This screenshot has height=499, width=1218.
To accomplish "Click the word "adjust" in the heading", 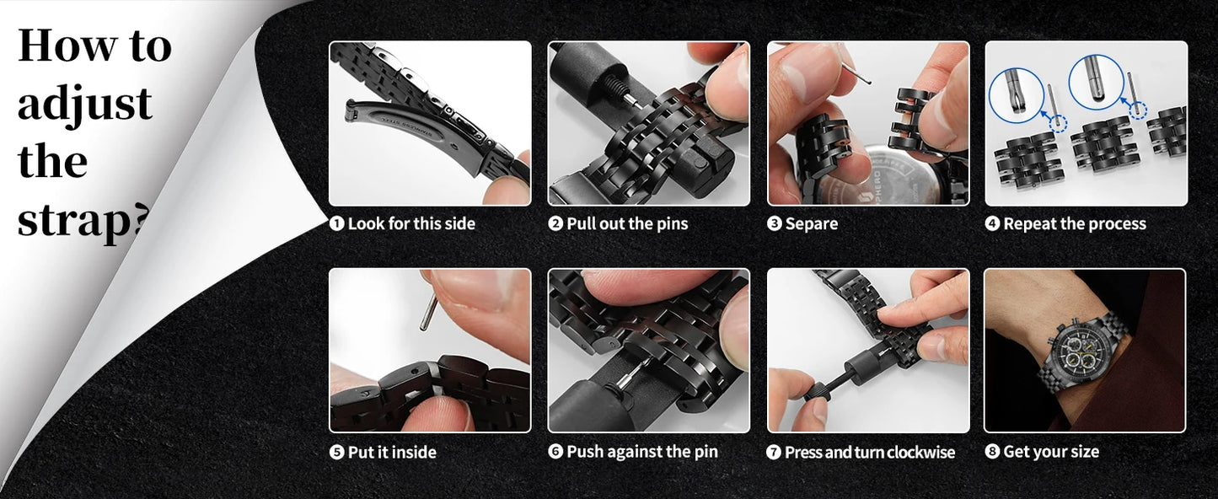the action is (85, 105).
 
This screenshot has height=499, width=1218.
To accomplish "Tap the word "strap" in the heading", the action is (76, 220).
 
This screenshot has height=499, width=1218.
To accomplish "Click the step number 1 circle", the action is (336, 223).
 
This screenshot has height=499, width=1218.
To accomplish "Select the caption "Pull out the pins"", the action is (627, 223).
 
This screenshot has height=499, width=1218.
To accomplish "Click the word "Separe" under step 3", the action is (811, 224).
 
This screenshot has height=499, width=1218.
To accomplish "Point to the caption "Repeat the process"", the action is (1075, 223).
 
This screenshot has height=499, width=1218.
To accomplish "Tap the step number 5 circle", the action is (336, 453).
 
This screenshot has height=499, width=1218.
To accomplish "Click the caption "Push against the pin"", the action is (642, 452).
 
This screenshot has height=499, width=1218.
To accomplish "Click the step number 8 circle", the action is (992, 452).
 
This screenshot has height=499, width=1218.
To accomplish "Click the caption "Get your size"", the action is (1051, 452).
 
